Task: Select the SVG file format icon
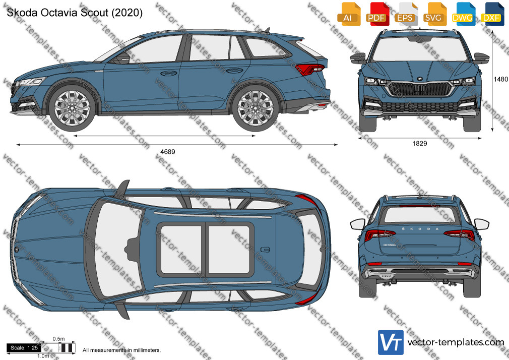(x=434, y=14)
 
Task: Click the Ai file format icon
(x=348, y=14)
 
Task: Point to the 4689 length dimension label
(x=167, y=152)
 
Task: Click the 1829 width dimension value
(x=420, y=144)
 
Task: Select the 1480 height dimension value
(x=501, y=79)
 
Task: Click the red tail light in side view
(x=310, y=70)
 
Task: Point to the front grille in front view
(x=419, y=89)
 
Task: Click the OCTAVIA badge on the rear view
(x=390, y=245)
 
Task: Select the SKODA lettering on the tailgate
(x=420, y=229)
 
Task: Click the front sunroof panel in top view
(x=181, y=250)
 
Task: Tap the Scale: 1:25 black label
(x=24, y=348)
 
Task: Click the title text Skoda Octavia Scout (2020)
(x=75, y=12)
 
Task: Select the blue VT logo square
(x=391, y=342)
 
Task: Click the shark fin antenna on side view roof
(x=267, y=30)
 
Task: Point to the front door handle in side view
(x=168, y=73)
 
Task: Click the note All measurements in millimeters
(x=121, y=350)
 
